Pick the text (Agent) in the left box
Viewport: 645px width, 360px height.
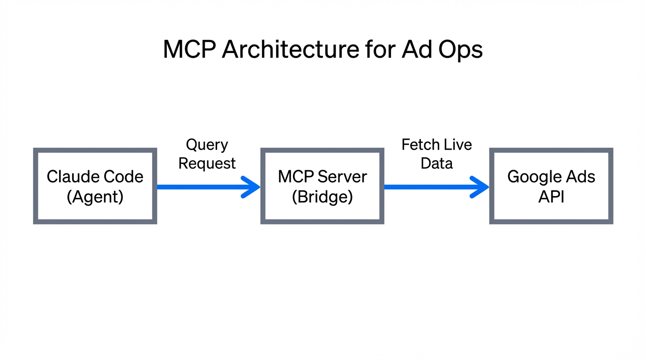pyautogui.click(x=95, y=197)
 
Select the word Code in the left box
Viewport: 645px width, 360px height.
pyautogui.click(x=123, y=177)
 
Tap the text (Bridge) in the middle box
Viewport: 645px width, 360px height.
pyautogui.click(x=322, y=197)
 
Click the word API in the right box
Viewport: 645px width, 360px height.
pyautogui.click(x=551, y=197)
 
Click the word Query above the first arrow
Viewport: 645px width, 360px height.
pyautogui.click(x=207, y=145)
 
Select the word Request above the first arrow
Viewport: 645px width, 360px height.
pyautogui.click(x=207, y=164)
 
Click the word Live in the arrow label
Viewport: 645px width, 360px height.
pyautogui.click(x=457, y=144)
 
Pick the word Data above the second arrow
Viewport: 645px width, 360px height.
pyautogui.click(x=436, y=164)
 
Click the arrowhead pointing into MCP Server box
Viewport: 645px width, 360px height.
pyautogui.click(x=252, y=187)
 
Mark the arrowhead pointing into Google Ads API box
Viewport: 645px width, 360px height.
pyautogui.click(x=481, y=187)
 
